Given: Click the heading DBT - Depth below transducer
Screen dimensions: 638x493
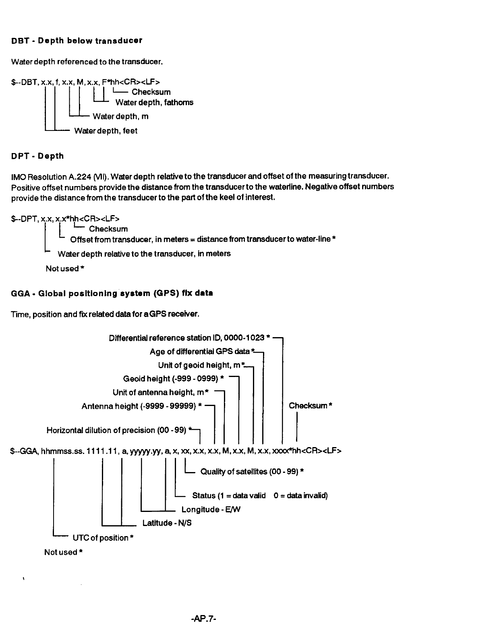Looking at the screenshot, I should (77, 41).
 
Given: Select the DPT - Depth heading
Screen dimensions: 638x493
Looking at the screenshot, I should (37, 156).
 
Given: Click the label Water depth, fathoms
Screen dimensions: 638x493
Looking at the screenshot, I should (154, 102).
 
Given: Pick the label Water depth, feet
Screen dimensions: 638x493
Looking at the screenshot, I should (106, 130).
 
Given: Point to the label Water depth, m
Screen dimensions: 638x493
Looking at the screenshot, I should (120, 116).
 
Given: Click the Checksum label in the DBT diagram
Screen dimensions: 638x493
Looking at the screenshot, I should (151, 92).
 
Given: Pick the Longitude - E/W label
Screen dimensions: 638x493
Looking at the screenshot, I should (211, 510).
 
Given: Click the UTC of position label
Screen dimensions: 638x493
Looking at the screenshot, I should (103, 538).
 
